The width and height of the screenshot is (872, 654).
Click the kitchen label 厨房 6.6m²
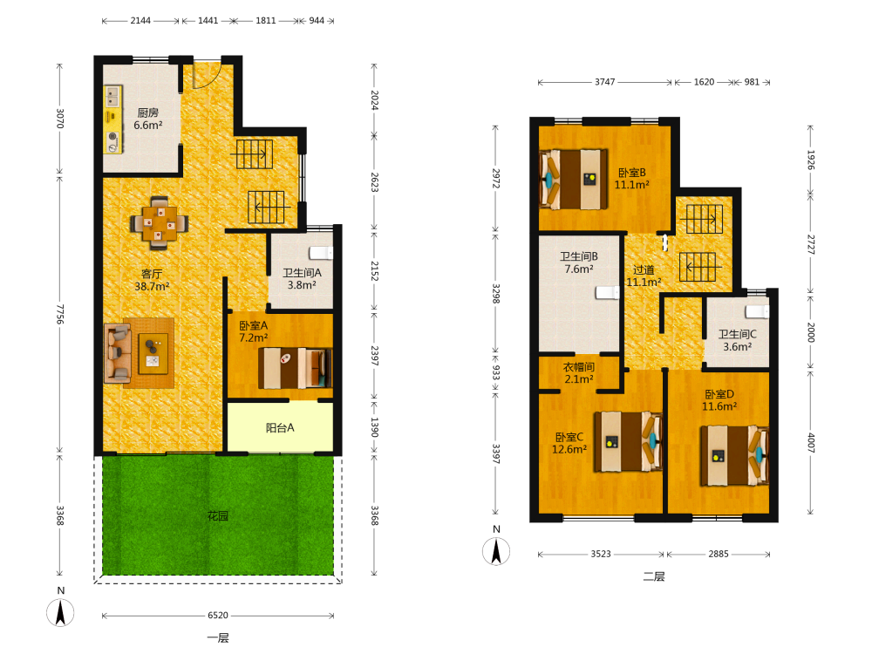(x=148, y=119)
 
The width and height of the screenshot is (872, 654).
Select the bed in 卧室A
(x=295, y=368)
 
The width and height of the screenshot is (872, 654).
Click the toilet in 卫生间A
(x=321, y=253)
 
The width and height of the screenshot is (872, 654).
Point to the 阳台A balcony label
(x=280, y=427)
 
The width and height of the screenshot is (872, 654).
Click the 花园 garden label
(x=218, y=516)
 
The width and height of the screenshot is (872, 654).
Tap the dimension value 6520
(x=218, y=615)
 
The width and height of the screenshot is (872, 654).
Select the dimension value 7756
(x=60, y=314)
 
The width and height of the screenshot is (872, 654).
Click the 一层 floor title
(x=218, y=638)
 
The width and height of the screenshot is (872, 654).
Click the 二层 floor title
(x=654, y=576)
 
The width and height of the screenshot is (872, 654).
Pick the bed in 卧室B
(x=574, y=179)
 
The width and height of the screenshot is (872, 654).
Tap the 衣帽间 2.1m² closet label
(x=579, y=373)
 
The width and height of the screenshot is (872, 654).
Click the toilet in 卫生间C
(x=758, y=311)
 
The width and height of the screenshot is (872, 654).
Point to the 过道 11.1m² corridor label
(x=644, y=276)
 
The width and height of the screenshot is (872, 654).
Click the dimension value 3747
(x=605, y=82)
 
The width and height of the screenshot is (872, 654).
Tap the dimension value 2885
(x=719, y=554)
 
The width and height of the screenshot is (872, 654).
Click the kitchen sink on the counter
(x=113, y=97)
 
